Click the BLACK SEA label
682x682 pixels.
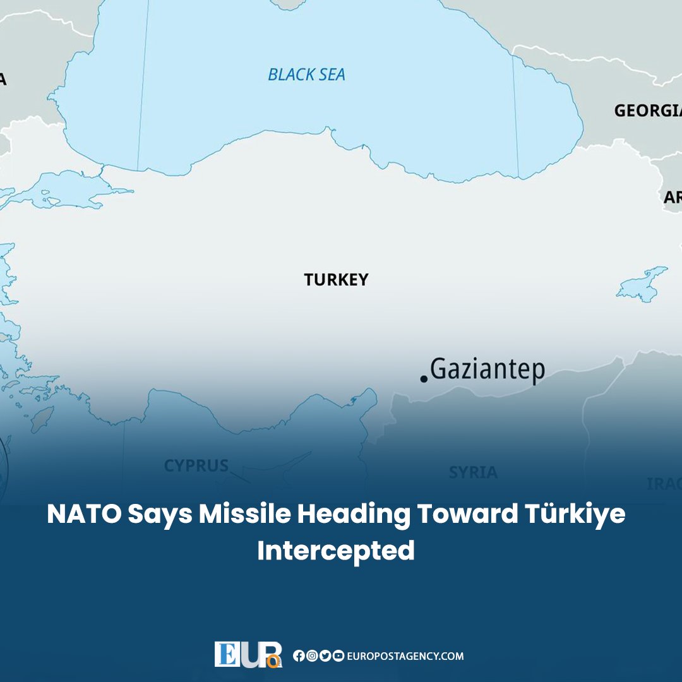(x=306, y=75)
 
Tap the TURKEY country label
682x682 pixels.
(x=335, y=280)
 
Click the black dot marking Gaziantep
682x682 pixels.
(x=424, y=379)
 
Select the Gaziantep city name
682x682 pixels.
(x=487, y=370)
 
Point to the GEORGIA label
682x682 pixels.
(x=647, y=111)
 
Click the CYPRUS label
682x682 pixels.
(x=196, y=466)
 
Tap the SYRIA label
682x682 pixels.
(x=473, y=472)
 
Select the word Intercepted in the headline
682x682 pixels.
(x=335, y=551)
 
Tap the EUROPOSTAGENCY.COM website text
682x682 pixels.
(x=405, y=656)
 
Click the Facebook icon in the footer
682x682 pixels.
(x=298, y=656)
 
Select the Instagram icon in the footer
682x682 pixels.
(x=311, y=656)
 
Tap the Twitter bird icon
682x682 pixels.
(x=325, y=656)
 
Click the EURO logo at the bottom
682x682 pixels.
(x=248, y=654)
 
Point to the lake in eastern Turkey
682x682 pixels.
(x=641, y=284)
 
